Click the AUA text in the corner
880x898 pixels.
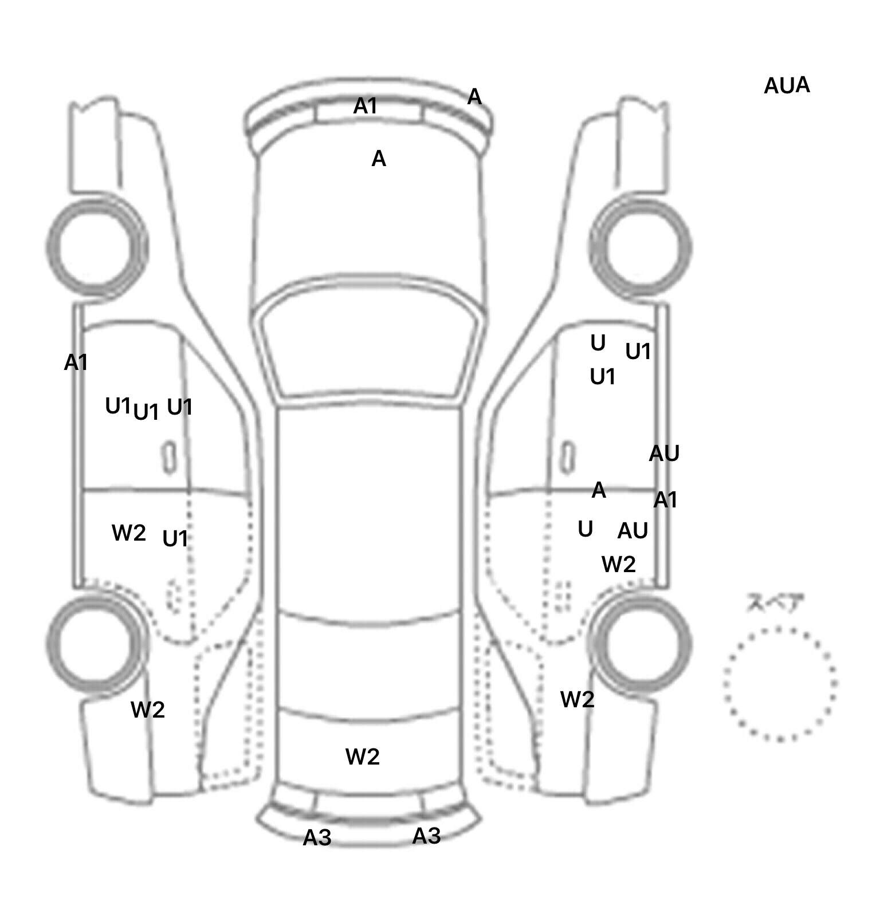click(x=787, y=86)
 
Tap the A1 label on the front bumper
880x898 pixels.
click(x=366, y=106)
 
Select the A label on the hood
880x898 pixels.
click(x=379, y=159)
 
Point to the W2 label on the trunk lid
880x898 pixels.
click(x=363, y=757)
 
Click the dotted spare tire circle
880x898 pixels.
click(x=780, y=684)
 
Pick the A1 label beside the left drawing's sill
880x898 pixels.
click(x=76, y=363)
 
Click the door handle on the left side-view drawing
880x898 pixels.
click(x=169, y=457)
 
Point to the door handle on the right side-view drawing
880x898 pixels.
click(x=567, y=457)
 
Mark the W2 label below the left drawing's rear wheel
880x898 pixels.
click(x=148, y=710)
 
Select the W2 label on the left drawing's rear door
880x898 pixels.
click(x=129, y=533)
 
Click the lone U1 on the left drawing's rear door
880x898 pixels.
click(x=175, y=539)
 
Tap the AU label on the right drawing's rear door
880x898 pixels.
click(x=632, y=531)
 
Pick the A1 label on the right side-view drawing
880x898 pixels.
click(x=665, y=501)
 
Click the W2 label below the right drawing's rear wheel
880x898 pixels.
click(x=577, y=699)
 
